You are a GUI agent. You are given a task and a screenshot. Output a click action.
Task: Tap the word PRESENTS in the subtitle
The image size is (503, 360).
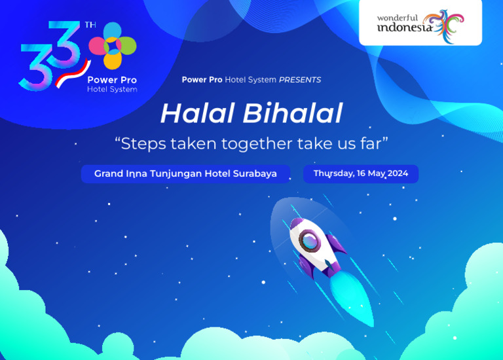pos(300,80)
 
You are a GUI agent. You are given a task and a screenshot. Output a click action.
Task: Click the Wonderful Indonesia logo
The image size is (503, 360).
pos(420,24)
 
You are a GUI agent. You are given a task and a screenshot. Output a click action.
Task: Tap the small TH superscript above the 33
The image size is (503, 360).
pos(90,26)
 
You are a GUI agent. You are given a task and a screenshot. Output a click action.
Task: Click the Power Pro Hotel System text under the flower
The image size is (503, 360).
pos(112,84)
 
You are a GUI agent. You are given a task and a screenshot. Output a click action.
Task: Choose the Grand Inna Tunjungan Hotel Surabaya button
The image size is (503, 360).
pos(185,174)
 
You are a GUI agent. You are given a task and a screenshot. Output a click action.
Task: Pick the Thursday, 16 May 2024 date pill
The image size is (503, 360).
pos(360,173)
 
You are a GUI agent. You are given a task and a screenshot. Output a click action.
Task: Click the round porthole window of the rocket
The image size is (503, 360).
pos(308,240)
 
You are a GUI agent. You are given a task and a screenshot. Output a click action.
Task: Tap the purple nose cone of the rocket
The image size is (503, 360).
pos(295,226)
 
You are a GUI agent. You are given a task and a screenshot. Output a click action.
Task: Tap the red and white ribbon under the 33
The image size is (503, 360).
pos(73,73)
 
